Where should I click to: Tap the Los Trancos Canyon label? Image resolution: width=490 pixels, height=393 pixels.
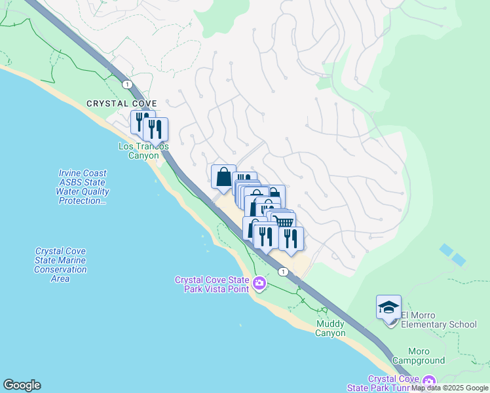click(143, 151)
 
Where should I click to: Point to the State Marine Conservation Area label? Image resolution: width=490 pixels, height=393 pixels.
click(61, 265)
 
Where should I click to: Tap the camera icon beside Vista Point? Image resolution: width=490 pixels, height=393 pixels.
click(260, 284)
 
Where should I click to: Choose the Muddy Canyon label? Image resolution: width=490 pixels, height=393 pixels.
click(330, 328)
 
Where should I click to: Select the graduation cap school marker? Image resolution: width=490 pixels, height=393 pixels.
click(388, 307)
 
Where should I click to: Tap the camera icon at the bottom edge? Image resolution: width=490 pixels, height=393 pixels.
click(429, 381)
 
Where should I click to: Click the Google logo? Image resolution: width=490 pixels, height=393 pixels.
click(22, 385)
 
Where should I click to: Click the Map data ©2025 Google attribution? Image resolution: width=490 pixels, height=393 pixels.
click(450, 388)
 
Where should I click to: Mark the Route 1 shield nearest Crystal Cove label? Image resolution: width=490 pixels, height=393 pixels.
click(126, 84)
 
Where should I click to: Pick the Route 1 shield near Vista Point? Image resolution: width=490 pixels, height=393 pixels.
click(282, 271)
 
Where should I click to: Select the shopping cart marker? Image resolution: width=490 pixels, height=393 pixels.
click(284, 223)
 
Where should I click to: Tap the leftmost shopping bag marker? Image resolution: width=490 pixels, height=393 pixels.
click(223, 176)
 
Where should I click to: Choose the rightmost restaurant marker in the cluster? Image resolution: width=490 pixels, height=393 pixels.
click(291, 238)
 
